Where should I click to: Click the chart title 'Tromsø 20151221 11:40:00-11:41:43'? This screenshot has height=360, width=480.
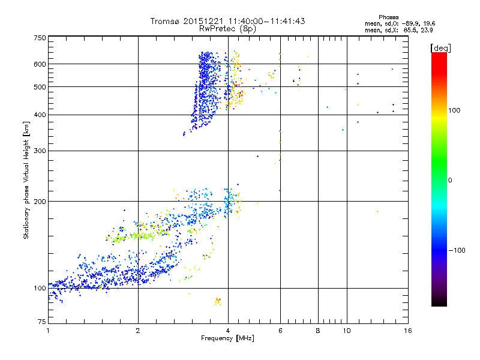click(228, 21)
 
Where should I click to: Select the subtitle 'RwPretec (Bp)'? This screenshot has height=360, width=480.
click(228, 28)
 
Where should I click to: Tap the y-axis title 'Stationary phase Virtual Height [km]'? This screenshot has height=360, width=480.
click(26, 180)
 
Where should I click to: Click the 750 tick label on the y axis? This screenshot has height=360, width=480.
click(39, 38)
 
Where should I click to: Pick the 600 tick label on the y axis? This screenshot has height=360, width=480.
click(39, 64)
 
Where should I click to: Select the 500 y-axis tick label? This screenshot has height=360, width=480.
click(39, 87)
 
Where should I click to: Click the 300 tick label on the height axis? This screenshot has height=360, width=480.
click(39, 151)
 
